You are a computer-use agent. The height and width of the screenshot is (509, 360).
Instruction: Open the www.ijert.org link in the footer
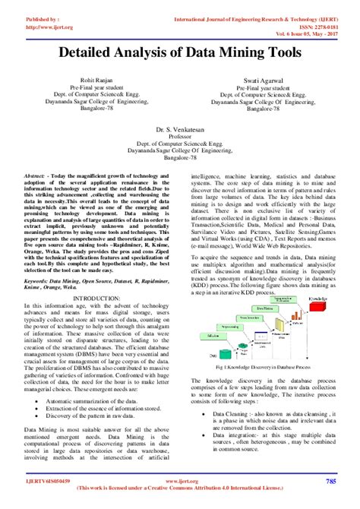tap(179, 481)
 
